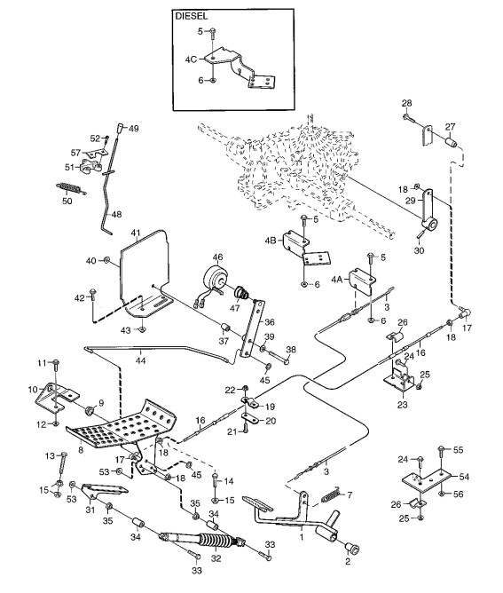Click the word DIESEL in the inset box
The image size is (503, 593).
(192, 16)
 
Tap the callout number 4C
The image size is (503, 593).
(191, 59)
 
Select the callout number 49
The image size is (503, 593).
(133, 128)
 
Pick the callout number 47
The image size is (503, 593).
(235, 308)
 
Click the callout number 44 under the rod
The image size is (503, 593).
(140, 360)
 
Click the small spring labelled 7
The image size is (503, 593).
(332, 494)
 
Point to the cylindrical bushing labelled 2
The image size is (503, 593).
(351, 548)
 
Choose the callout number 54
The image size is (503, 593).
(464, 477)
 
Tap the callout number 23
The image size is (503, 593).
(403, 405)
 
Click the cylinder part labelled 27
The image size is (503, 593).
(451, 144)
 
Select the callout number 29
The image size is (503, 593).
(411, 201)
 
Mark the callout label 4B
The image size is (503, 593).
(271, 241)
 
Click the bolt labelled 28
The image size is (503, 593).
(409, 117)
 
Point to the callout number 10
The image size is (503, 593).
(33, 389)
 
